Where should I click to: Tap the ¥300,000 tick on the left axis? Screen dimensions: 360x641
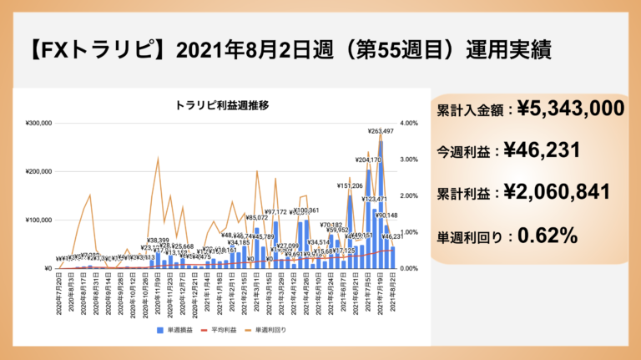point(38,124)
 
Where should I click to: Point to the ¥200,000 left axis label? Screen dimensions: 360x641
point(38,172)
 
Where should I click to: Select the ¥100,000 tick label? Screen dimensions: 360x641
point(38,221)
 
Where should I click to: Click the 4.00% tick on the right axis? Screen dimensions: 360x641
point(411,124)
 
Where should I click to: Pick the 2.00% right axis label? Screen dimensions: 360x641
point(411,196)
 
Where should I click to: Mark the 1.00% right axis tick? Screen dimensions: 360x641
point(411,232)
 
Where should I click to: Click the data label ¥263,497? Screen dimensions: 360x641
point(381,131)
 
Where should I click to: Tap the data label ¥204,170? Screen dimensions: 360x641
point(368,160)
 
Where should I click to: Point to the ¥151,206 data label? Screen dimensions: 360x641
point(350,185)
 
